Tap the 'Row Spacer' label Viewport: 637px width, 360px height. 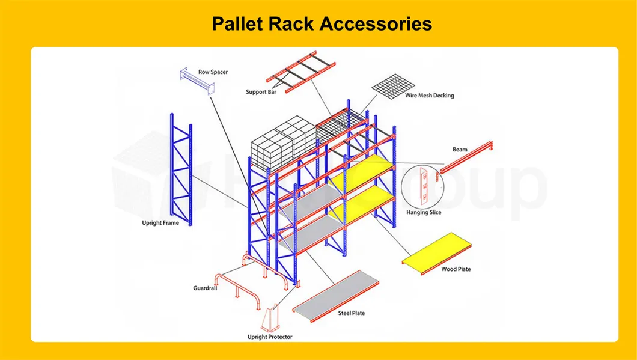[213, 72]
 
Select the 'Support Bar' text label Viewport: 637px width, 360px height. [260, 92]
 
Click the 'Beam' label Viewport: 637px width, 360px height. [460, 149]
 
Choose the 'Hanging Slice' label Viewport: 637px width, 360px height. [424, 212]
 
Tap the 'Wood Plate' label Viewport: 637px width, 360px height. [456, 269]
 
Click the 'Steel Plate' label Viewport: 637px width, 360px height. [350, 313]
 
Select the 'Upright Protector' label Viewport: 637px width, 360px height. [270, 337]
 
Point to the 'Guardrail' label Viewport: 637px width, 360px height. [205, 288]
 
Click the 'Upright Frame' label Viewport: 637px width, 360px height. [160, 223]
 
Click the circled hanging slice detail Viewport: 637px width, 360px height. [424, 186]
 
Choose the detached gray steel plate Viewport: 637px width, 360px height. [337, 296]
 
